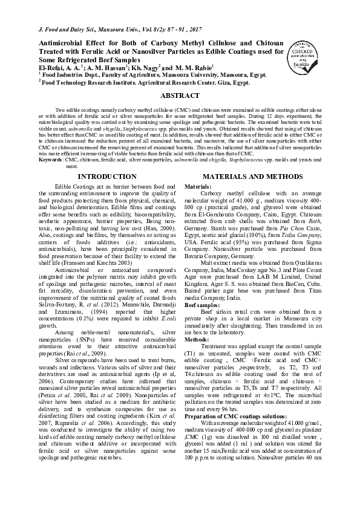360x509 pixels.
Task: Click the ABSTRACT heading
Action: pyautogui.click(x=180, y=96)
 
